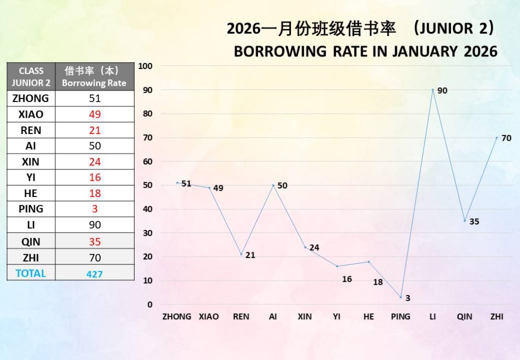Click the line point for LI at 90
(x=433, y=90)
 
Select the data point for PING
(x=401, y=297)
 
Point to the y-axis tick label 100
(x=146, y=66)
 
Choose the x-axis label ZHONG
(x=177, y=316)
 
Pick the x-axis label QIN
(x=464, y=316)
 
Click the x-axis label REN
(x=241, y=316)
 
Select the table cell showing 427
(x=94, y=274)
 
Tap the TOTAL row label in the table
(x=31, y=273)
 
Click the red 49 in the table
(x=94, y=114)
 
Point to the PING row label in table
(x=31, y=209)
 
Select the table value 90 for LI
(x=94, y=225)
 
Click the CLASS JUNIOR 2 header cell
(x=31, y=77)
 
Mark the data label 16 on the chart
(x=347, y=279)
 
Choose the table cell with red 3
(x=94, y=209)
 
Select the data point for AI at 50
(x=273, y=185)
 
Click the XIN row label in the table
(x=31, y=162)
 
